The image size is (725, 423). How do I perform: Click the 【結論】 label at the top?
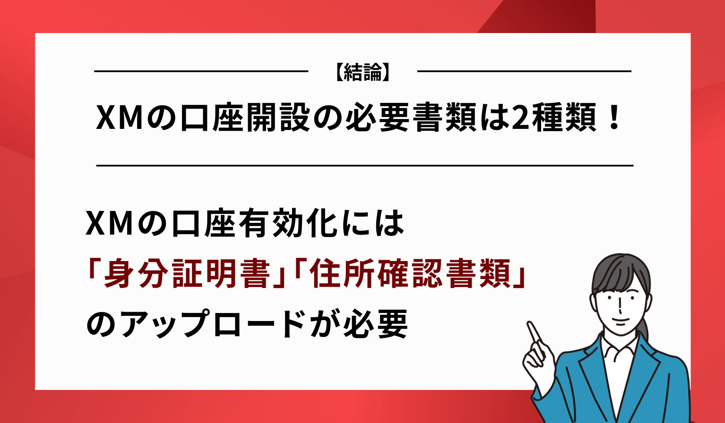(x=362, y=72)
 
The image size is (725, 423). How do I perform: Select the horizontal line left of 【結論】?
(x=201, y=71)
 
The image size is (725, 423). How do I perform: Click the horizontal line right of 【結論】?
(x=524, y=71)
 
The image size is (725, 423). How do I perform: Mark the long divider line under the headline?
(x=364, y=166)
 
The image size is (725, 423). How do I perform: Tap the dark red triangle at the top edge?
(x=544, y=17)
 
